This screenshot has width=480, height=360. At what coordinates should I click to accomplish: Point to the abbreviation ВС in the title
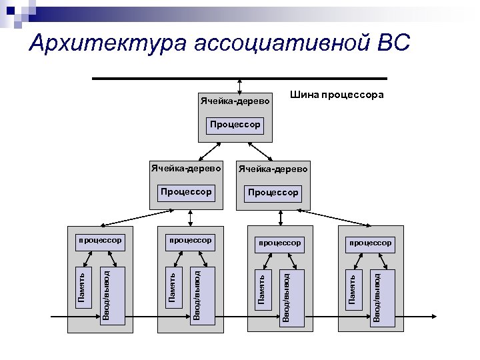click(394, 44)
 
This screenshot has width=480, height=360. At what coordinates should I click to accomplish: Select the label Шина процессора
click(337, 95)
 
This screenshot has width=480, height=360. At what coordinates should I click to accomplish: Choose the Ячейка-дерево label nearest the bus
click(235, 102)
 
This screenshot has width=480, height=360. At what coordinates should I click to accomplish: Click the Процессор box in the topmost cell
click(235, 125)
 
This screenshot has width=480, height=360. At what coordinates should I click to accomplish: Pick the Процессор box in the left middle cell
click(186, 192)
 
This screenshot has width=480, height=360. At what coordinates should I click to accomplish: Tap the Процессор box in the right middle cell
click(273, 192)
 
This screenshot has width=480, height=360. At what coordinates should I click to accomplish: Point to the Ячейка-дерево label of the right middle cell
click(273, 169)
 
